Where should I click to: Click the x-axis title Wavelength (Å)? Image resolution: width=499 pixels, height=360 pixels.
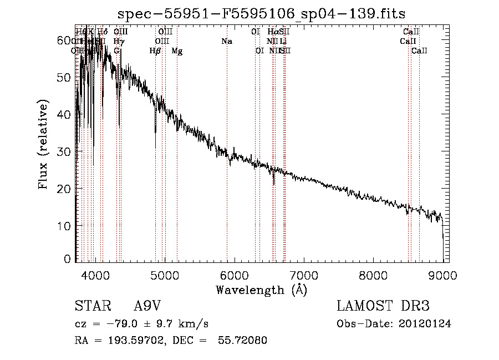[261, 290]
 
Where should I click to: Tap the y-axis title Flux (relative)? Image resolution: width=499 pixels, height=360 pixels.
[43, 144]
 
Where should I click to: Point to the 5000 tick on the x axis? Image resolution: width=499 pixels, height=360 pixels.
[165, 275]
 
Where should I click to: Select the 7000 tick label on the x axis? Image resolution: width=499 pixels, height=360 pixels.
[304, 275]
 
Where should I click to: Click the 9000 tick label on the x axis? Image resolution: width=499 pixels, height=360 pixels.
[442, 275]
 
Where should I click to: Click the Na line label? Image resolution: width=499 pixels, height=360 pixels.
[227, 42]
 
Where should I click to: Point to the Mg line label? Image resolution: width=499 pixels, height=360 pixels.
[177, 51]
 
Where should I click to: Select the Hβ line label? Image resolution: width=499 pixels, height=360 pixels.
[155, 51]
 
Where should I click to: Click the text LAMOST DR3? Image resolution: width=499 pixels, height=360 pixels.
[383, 306]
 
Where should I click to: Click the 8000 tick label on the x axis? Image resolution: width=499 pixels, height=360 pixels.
[373, 275]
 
